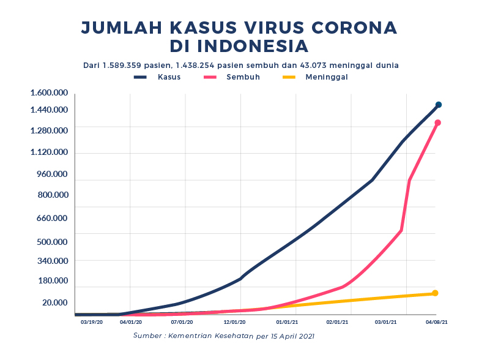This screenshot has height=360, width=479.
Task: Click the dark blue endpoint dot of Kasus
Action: point(439,105)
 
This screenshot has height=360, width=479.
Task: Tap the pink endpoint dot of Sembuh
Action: point(437,122)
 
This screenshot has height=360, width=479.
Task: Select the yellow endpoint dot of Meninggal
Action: point(435,293)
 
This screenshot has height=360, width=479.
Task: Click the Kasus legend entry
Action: point(158,77)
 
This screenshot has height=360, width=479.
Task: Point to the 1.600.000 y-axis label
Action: point(49,92)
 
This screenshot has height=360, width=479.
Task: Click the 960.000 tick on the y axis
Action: point(53,174)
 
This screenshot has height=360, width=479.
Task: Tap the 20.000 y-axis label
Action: point(54,302)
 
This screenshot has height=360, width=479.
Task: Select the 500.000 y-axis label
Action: point(53,241)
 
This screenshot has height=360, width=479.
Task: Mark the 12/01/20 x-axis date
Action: point(235,321)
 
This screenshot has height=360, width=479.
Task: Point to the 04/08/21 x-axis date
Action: point(436,321)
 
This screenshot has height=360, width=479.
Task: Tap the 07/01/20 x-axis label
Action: point(182,321)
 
